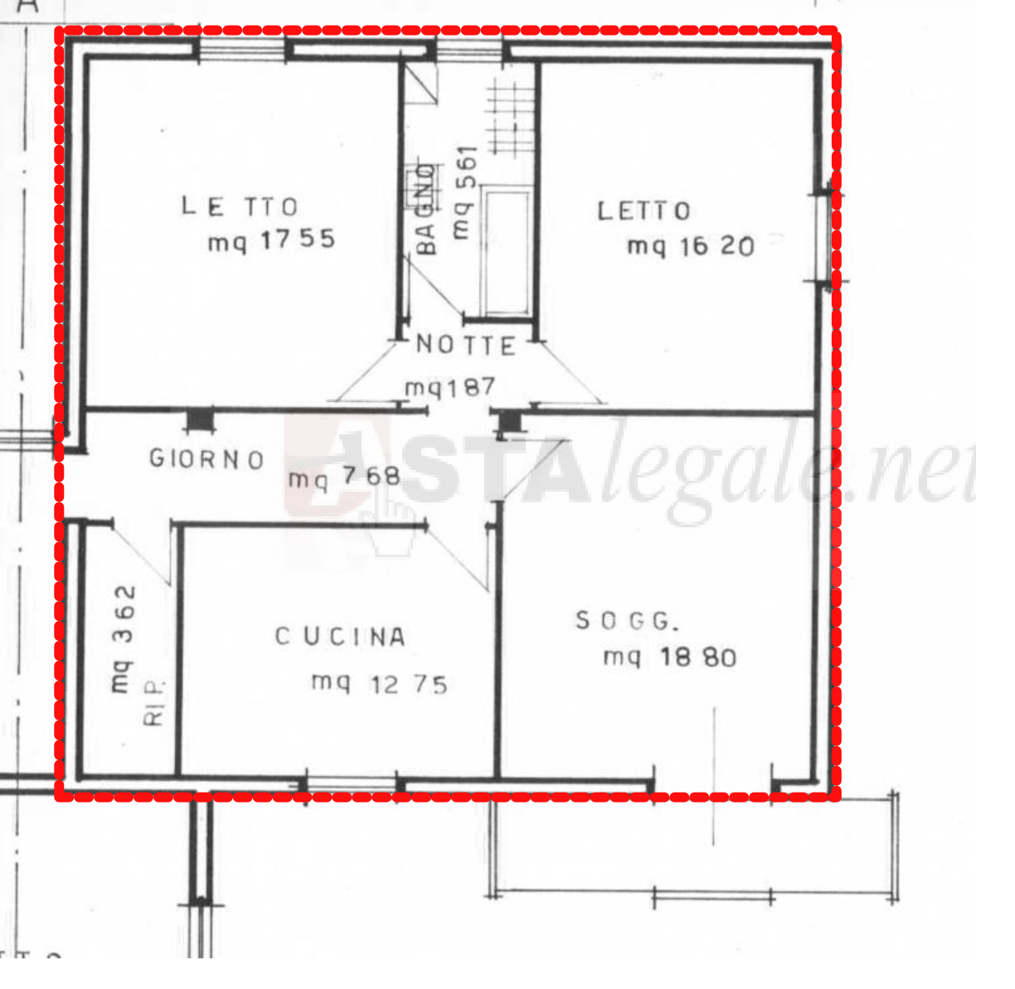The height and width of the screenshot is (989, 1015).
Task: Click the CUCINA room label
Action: click(x=340, y=637)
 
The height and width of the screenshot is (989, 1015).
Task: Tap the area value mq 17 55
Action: click(x=271, y=240)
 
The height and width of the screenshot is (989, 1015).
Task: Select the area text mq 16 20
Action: click(x=691, y=246)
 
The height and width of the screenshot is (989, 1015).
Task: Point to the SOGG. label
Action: click(x=627, y=621)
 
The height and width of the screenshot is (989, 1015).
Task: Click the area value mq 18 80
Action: click(x=670, y=657)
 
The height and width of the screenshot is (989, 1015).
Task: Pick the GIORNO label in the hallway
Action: click(x=206, y=458)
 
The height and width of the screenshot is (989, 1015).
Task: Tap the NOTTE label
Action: click(x=465, y=345)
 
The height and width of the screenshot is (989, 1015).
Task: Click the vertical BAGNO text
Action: click(x=425, y=209)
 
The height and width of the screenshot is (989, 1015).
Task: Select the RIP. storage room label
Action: click(x=155, y=702)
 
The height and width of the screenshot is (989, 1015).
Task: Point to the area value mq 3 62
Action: click(x=123, y=639)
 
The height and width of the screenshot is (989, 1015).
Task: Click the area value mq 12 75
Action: click(x=379, y=684)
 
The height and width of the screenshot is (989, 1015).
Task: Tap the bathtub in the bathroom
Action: click(x=508, y=252)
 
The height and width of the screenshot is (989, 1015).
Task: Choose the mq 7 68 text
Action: click(x=344, y=478)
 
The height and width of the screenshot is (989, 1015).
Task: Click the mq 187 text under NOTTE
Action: click(x=449, y=387)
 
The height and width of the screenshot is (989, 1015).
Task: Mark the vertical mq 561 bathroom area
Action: click(x=465, y=192)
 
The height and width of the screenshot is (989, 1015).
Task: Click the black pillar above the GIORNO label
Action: click(x=199, y=419)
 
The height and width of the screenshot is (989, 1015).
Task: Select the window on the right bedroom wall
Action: click(x=823, y=238)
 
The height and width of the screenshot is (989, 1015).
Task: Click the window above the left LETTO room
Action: click(x=242, y=50)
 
